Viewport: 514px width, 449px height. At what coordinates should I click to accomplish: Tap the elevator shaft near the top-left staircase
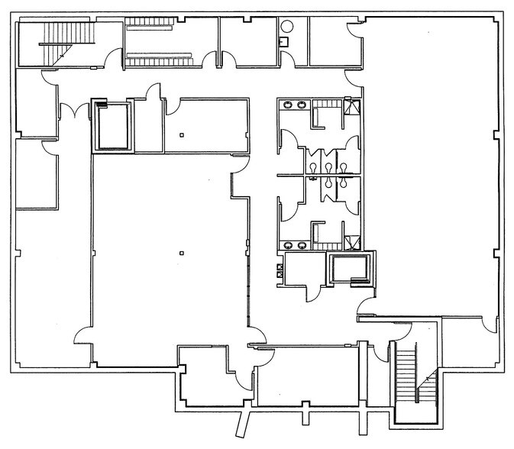(113, 125)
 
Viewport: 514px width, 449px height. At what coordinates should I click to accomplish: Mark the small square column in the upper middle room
(181, 135)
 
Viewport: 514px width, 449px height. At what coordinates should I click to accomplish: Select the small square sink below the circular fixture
(285, 42)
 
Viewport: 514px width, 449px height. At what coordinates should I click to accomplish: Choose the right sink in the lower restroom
(304, 245)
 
